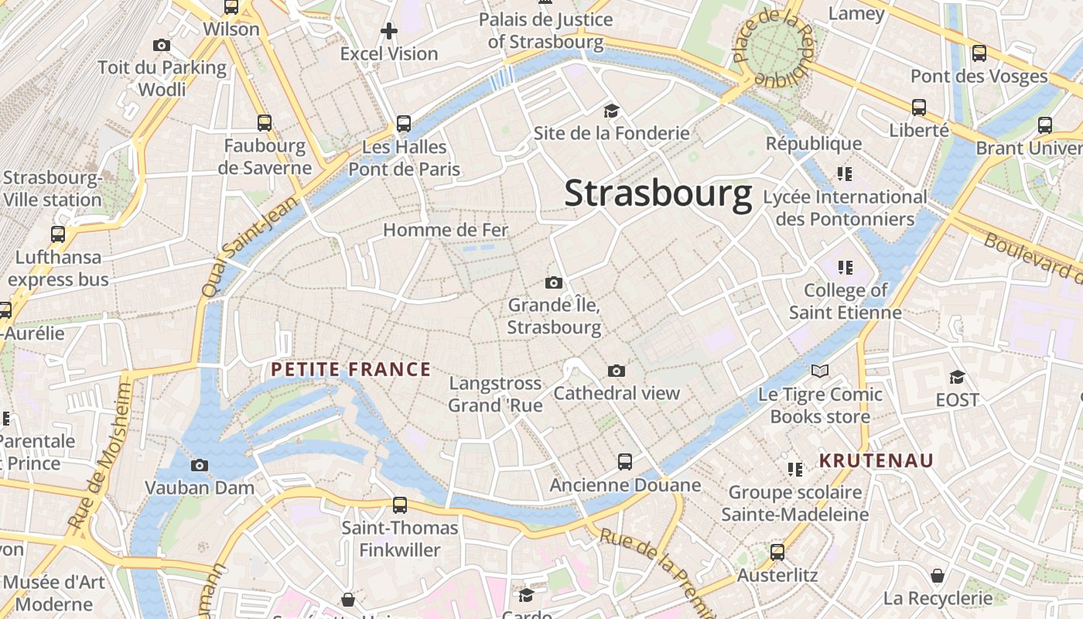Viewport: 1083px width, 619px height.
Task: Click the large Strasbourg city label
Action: click(x=658, y=193)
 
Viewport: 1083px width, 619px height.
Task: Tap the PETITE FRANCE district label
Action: click(x=351, y=369)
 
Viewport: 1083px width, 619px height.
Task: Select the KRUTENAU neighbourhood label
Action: click(x=876, y=460)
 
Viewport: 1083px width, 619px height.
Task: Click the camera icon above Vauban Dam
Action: click(x=200, y=465)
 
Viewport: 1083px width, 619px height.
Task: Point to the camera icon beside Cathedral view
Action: click(x=617, y=371)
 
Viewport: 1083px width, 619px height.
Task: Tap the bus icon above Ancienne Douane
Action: click(x=625, y=462)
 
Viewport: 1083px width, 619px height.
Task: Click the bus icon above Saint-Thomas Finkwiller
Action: click(x=400, y=504)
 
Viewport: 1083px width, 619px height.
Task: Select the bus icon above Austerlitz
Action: click(x=777, y=552)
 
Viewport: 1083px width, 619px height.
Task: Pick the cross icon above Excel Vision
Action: click(x=389, y=31)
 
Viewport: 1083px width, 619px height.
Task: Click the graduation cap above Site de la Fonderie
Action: click(x=611, y=111)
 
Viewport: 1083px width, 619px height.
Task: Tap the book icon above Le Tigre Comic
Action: click(x=820, y=371)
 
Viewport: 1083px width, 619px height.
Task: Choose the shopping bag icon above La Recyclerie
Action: click(x=938, y=576)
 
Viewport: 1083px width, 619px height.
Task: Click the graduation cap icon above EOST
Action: click(x=957, y=377)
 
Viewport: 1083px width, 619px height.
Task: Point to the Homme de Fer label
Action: click(x=446, y=230)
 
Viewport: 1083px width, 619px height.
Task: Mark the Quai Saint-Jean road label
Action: click(x=238, y=246)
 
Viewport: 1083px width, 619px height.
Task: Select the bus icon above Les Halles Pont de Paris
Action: click(x=403, y=123)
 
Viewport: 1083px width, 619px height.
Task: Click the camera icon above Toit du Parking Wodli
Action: click(x=162, y=45)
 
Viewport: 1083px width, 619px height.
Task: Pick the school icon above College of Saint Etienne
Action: click(x=845, y=268)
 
